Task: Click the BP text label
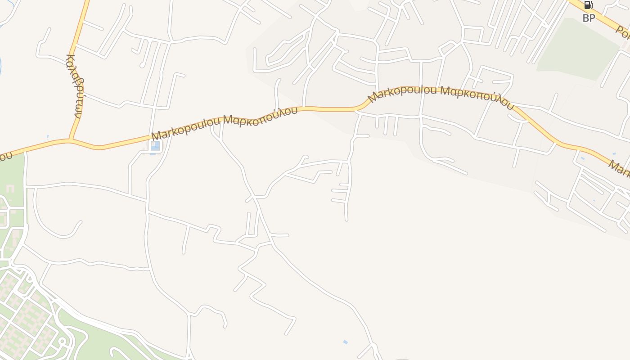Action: pos(589,18)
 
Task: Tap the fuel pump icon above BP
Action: pos(588,5)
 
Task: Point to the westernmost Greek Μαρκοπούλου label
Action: pos(261,116)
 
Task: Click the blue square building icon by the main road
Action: pos(155,146)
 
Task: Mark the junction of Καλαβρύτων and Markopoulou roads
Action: pos(70,140)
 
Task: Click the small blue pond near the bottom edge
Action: pos(345,342)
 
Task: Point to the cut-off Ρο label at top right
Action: pos(623,31)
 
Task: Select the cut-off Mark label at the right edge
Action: pos(619,170)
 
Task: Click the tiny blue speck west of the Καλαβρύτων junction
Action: pos(48,136)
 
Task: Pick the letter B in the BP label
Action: pos(585,18)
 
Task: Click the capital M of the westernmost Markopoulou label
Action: pos(156,135)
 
